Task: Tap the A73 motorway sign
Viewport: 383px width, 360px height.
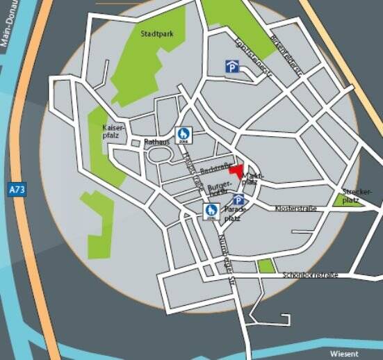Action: [x=18, y=189]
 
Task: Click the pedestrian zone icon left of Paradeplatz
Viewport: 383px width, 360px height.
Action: [x=211, y=211]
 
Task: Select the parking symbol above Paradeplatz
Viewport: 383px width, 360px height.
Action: [x=238, y=200]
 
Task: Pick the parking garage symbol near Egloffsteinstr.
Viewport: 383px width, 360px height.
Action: [x=231, y=66]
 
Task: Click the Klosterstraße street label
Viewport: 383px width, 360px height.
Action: [x=296, y=208]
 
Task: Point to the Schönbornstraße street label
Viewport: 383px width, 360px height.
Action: [x=310, y=275]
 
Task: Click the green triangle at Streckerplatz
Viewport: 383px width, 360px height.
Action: [x=341, y=201]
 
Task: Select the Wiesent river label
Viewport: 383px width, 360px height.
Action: [x=344, y=354]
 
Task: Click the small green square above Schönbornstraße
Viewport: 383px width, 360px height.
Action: [x=266, y=265]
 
